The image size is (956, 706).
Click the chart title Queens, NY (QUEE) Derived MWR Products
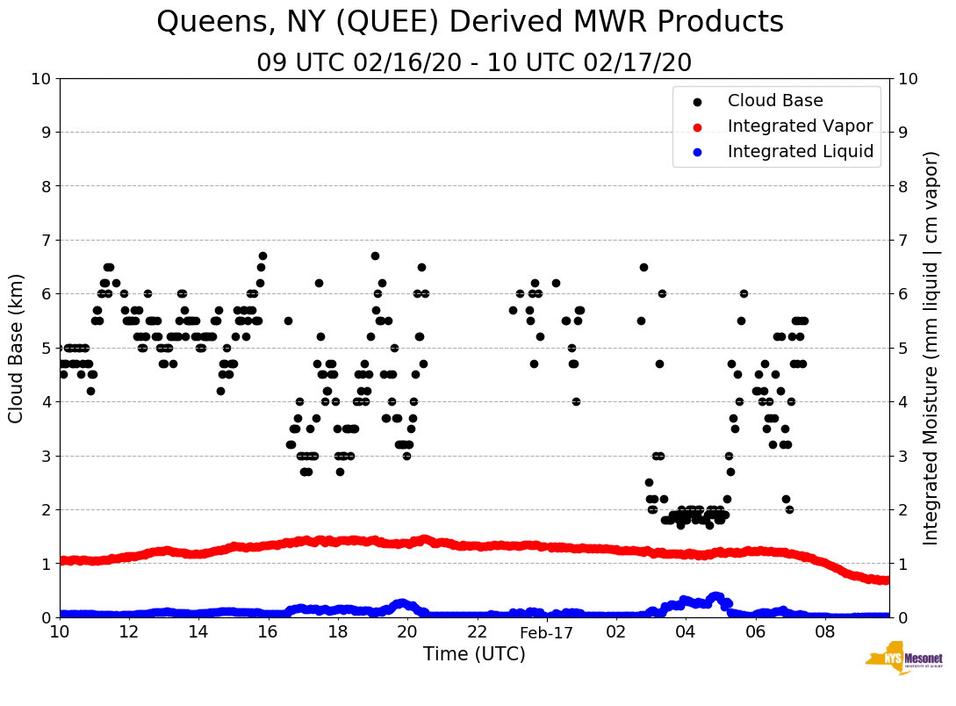click(470, 22)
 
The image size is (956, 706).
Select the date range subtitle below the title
click(474, 63)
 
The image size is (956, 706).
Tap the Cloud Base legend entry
click(775, 101)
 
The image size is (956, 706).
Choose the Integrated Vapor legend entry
click(800, 126)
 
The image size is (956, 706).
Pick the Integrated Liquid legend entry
click(800, 152)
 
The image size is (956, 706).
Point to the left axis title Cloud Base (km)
click(17, 347)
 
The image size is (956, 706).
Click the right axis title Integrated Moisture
click(931, 347)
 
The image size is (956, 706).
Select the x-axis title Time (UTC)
click(474, 654)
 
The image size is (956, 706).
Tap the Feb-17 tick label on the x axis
click(546, 632)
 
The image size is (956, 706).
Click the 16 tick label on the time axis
click(268, 632)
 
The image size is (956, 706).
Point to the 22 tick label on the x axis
click(477, 632)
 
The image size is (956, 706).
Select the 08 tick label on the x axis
click(824, 632)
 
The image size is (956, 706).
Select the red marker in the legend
click(697, 126)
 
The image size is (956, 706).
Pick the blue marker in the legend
click(697, 152)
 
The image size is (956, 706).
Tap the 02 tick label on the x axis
click(616, 632)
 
